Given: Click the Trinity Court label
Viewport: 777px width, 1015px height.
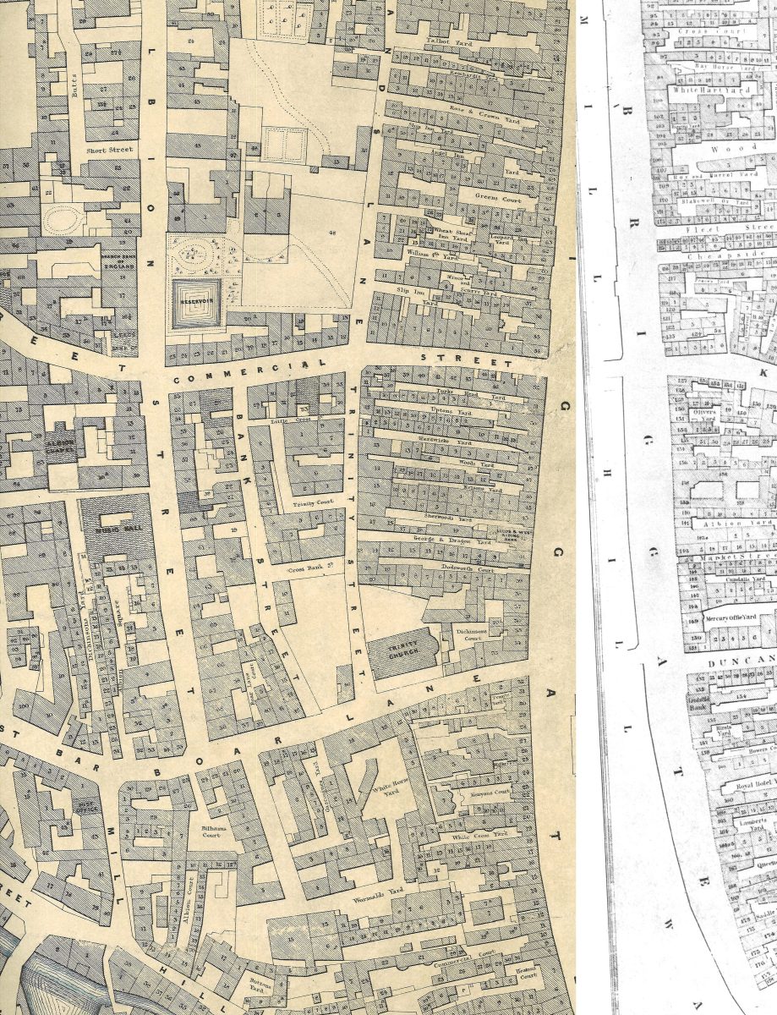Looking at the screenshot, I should click(x=309, y=504).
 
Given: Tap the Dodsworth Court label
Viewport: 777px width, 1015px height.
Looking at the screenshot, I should click(x=469, y=569).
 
